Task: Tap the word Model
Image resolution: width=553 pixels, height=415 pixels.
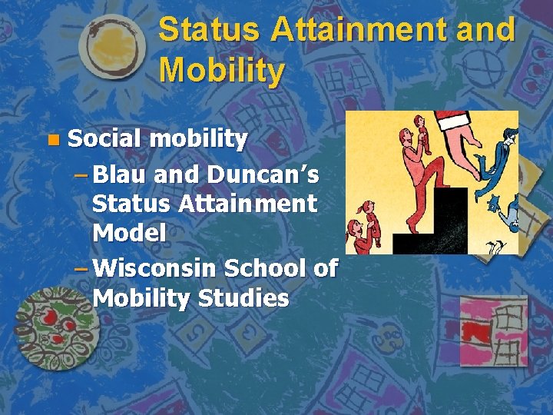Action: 129,233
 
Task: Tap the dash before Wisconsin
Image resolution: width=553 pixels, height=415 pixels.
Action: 82,268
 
